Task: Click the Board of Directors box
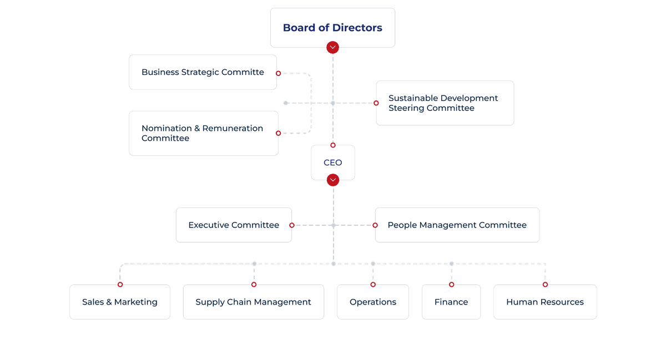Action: tap(332, 28)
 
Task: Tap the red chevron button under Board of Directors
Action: tap(332, 47)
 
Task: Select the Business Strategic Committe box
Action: tap(203, 72)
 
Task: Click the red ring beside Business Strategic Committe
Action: tap(278, 73)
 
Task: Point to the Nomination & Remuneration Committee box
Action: tap(204, 133)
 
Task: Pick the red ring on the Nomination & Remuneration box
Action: tap(278, 133)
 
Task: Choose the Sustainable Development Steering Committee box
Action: tap(445, 103)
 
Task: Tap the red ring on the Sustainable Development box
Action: tap(376, 103)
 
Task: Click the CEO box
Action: tap(332, 163)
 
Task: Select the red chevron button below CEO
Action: tap(333, 180)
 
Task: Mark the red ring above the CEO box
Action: tap(333, 145)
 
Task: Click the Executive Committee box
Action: tap(234, 225)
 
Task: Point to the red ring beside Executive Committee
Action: tap(292, 225)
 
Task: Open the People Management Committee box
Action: tap(457, 225)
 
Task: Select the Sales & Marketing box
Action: tap(120, 302)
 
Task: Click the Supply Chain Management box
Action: tap(253, 302)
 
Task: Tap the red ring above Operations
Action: tap(373, 285)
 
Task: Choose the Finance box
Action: tap(451, 302)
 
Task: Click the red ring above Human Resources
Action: tap(545, 285)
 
